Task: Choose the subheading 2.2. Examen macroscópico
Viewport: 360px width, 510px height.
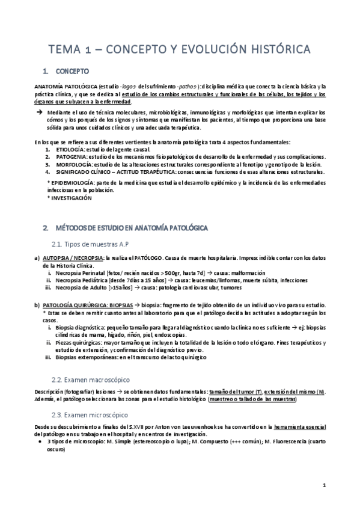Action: pos(90,380)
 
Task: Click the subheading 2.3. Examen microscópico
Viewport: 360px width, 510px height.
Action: pos(90,415)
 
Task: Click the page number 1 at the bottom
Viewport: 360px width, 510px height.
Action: pos(323,485)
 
